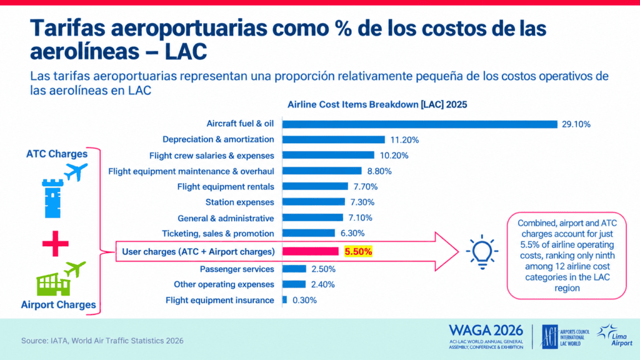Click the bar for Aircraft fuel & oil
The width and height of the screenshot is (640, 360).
tap(419, 124)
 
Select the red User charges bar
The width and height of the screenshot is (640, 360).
tap(310, 251)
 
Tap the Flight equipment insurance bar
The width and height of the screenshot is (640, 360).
tap(284, 300)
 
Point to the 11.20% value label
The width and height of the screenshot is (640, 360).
tap(404, 140)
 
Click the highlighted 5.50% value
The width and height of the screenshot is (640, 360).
tap(358, 251)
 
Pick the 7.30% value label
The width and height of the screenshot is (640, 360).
tap(362, 202)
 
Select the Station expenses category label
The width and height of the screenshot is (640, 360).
tap(239, 202)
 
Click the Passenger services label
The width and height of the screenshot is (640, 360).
tap(237, 269)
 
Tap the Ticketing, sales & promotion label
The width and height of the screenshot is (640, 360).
tap(218, 234)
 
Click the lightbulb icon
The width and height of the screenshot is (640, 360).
tap(482, 252)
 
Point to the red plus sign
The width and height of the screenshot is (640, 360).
tap(56, 244)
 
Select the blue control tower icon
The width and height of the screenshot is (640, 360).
tap(52, 198)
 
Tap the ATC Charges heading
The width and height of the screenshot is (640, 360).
tap(57, 154)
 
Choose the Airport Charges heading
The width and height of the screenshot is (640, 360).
tap(58, 304)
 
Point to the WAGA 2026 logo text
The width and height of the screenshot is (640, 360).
tap(486, 330)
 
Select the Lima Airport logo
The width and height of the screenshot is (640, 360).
tap(615, 336)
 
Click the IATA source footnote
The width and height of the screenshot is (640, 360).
tap(102, 341)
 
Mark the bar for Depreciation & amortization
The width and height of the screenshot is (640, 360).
tap(334, 139)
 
